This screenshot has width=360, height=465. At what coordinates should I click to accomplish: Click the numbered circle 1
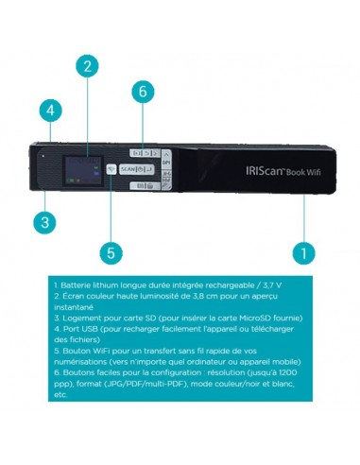pos(303,252)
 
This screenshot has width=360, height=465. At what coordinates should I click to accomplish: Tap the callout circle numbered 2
pos(87,65)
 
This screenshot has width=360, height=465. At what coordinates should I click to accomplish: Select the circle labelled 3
pos(43,223)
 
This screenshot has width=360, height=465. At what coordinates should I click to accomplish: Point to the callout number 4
pos(50,111)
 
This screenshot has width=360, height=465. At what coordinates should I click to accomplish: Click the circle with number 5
pos(111,253)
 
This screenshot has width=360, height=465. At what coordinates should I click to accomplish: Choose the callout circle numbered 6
pos(143,92)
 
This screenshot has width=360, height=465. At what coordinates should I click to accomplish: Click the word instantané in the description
pos(75,307)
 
